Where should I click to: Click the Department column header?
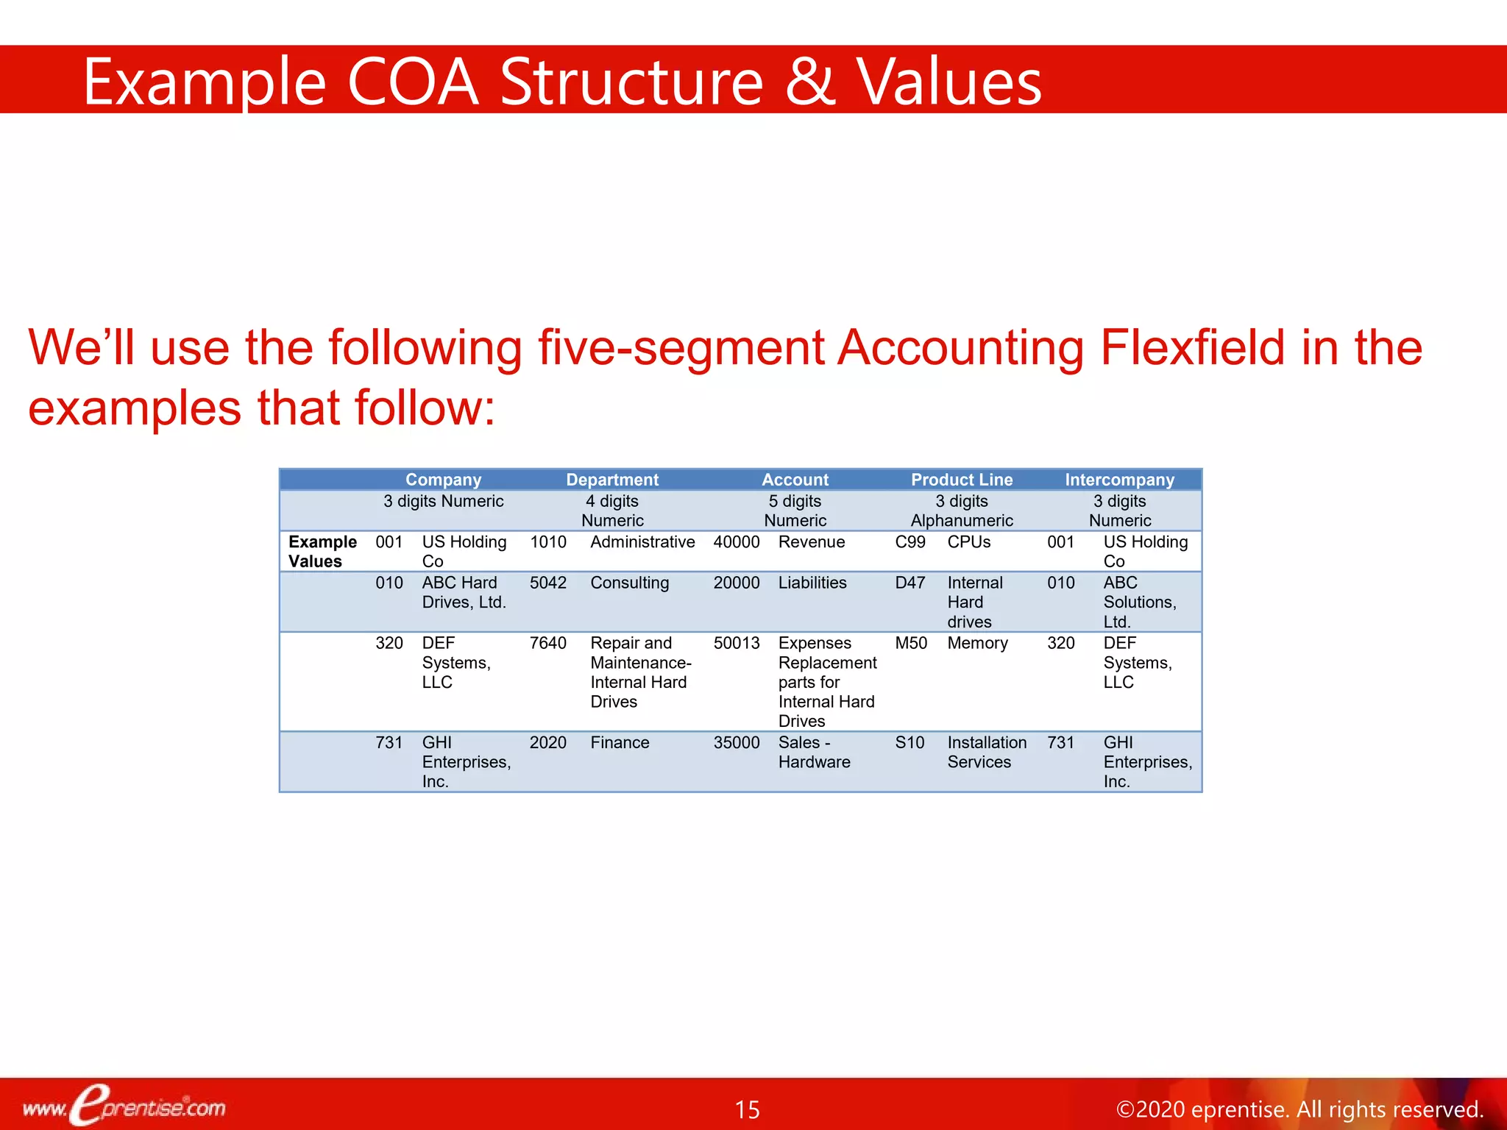click(x=612, y=480)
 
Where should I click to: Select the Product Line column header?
click(x=962, y=480)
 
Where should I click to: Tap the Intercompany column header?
click(x=1119, y=480)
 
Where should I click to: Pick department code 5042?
click(x=548, y=583)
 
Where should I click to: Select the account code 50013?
click(x=737, y=643)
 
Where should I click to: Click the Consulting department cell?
click(x=630, y=583)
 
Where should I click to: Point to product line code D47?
click(x=910, y=583)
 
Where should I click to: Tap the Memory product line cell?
click(x=978, y=643)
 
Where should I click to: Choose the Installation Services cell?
click(x=987, y=753)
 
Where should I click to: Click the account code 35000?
click(x=737, y=743)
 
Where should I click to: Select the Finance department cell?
click(x=620, y=743)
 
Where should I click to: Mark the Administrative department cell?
click(x=642, y=542)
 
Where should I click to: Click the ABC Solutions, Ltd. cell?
click(x=1139, y=602)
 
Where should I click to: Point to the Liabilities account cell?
click(x=812, y=583)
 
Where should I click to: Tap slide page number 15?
click(x=747, y=1109)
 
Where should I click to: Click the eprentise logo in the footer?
click(x=124, y=1106)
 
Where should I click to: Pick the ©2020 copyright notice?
click(x=1299, y=1109)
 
